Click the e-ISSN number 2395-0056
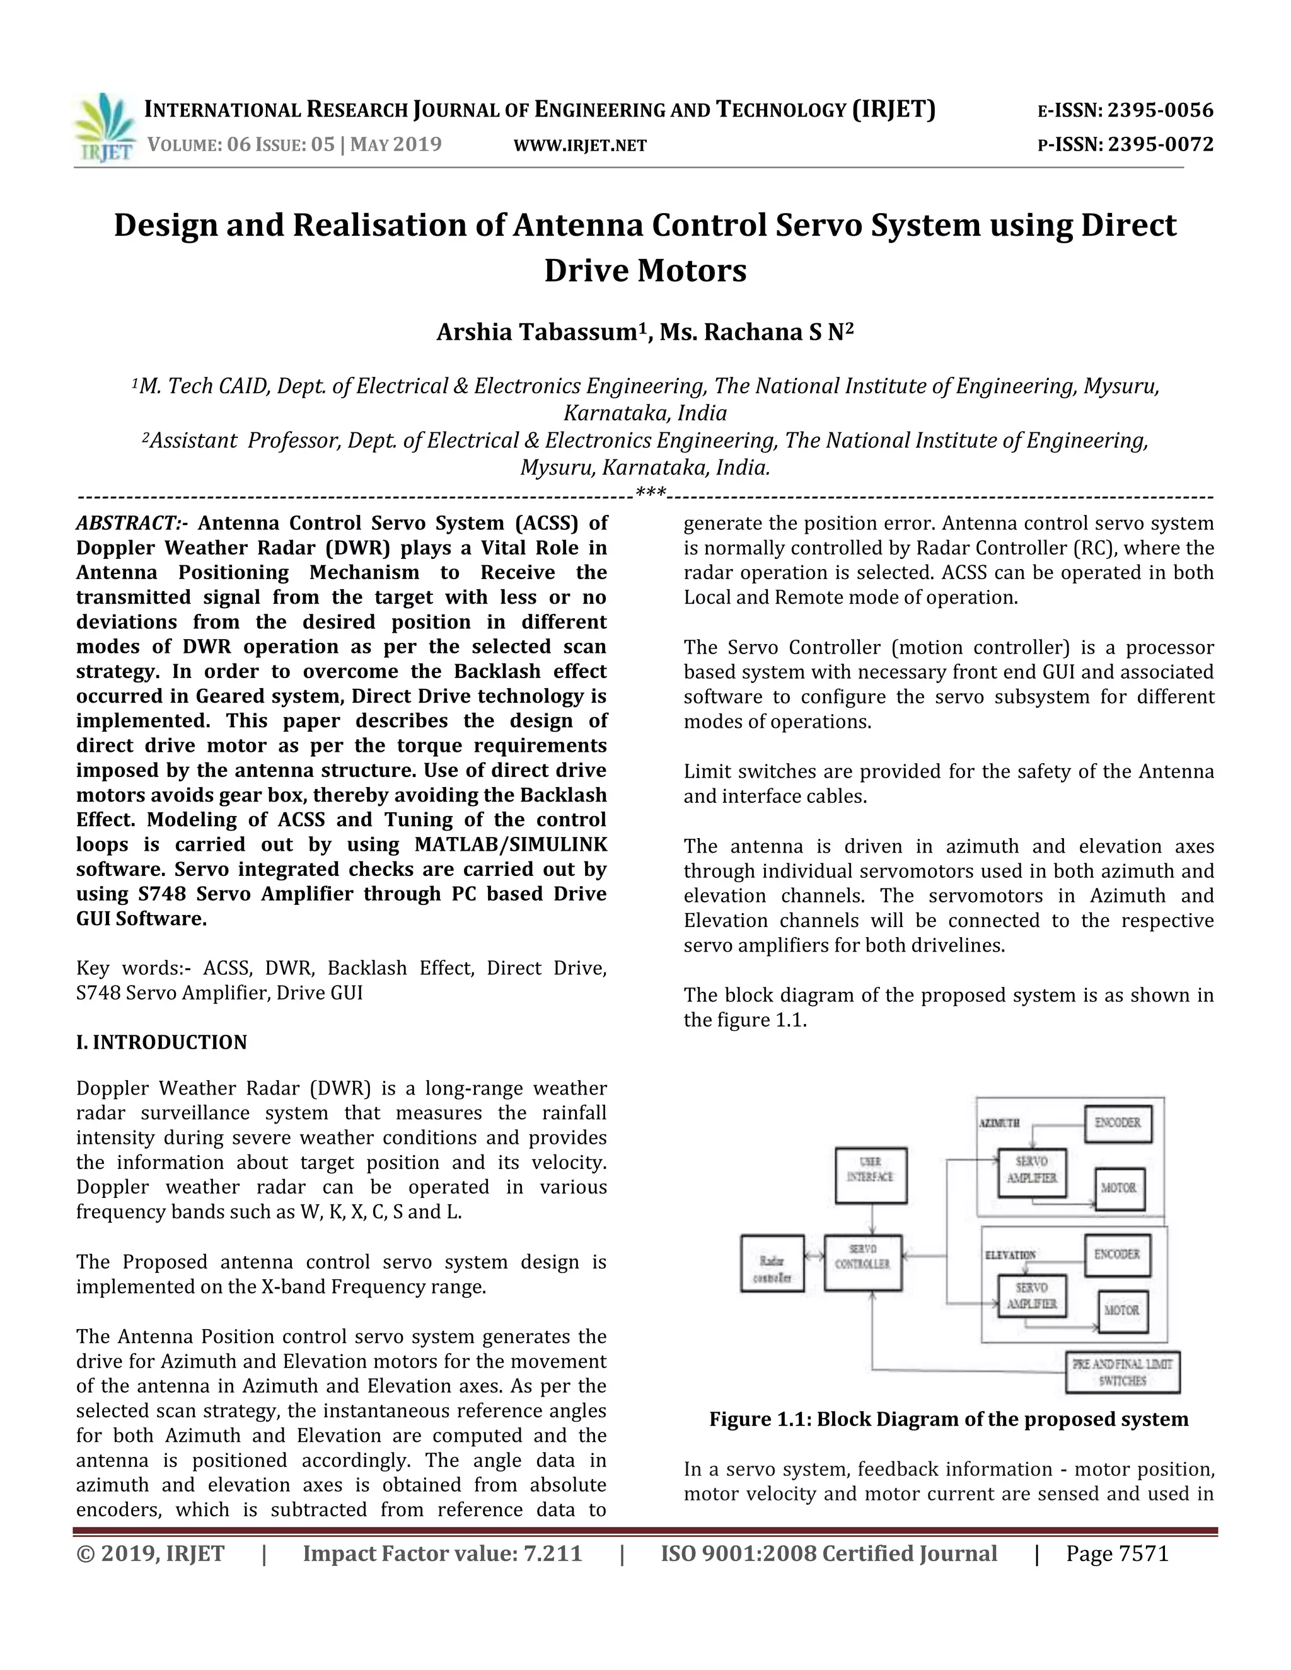1161,111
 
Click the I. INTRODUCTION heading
161,1043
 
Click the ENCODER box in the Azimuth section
1118,1123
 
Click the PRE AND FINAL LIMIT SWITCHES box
1122,1373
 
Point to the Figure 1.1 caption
948,1420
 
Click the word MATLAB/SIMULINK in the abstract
510,845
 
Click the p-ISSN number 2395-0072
1161,144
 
